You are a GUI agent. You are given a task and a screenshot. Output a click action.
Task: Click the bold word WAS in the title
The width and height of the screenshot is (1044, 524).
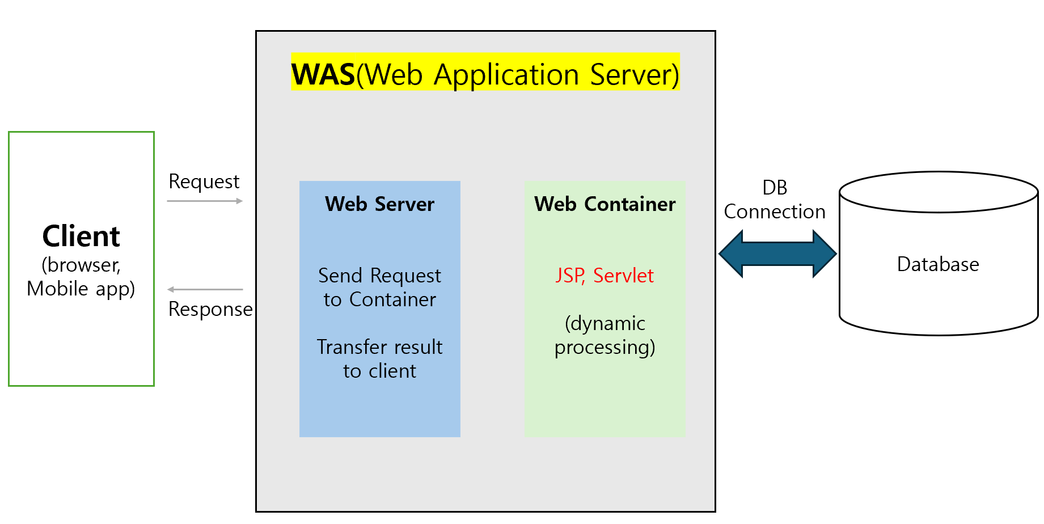[323, 74]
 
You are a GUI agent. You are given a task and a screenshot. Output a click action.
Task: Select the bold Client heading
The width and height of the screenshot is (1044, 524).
[81, 236]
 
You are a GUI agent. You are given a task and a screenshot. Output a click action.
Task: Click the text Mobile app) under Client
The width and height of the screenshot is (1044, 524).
[81, 289]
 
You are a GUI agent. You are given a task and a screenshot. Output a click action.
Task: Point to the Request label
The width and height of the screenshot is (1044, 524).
[204, 182]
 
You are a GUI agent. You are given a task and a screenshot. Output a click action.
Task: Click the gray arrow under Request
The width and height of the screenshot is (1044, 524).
[205, 201]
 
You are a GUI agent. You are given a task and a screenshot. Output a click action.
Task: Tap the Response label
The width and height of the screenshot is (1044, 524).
[210, 309]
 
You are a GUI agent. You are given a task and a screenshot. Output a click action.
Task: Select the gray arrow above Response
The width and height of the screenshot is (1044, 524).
[205, 289]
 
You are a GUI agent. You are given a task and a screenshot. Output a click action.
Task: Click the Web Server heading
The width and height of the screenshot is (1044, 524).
[379, 204]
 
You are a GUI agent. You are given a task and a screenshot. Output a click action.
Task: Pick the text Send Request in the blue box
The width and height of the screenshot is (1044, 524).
[379, 276]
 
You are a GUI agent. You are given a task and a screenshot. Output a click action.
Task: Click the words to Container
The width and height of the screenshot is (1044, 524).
[379, 299]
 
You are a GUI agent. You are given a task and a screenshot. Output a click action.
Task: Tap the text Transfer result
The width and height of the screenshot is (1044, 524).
[379, 347]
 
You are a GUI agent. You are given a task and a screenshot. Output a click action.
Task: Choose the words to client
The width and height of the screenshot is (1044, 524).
[379, 371]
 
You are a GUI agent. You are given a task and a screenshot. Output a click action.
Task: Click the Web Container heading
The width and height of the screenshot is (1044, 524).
[605, 204]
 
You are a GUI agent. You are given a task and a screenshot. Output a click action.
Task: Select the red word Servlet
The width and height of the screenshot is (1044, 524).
[623, 276]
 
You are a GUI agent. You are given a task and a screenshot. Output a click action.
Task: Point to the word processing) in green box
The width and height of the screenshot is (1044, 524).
[605, 347]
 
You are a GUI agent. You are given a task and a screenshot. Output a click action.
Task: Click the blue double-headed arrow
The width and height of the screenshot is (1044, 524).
[777, 253]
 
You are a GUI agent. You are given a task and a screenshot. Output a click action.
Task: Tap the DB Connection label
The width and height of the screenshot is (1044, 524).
[775, 200]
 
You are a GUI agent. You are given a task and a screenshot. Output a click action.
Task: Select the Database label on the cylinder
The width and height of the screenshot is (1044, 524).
[938, 264]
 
